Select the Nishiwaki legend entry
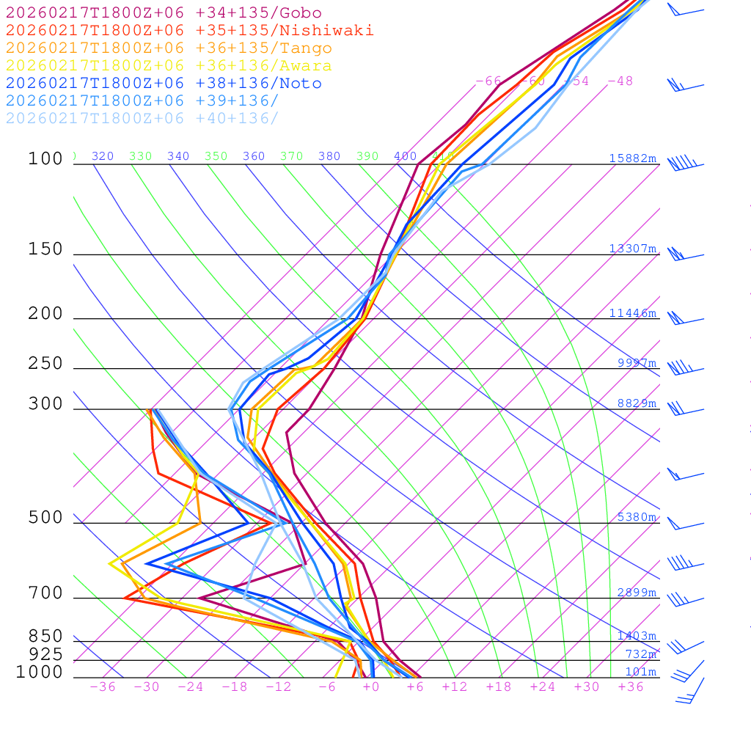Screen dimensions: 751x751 pyautogui.click(x=189, y=31)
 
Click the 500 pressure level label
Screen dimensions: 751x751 pyautogui.click(x=45, y=518)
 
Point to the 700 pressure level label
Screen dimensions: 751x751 pyautogui.click(x=45, y=593)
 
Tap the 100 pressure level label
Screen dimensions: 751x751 pyautogui.click(x=45, y=158)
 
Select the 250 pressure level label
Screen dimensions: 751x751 pyautogui.click(x=45, y=364)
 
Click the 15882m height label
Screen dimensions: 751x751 pyautogui.click(x=633, y=158)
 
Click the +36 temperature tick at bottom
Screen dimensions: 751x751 pyautogui.click(x=631, y=687)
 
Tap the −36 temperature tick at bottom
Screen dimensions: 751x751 pyautogui.click(x=103, y=687)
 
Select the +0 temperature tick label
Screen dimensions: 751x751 pyautogui.click(x=371, y=687)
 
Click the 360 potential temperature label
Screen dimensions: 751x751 pyautogui.click(x=254, y=156)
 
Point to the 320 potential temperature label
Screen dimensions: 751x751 pyautogui.click(x=103, y=156)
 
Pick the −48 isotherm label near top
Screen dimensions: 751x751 pyautogui.click(x=620, y=81)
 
